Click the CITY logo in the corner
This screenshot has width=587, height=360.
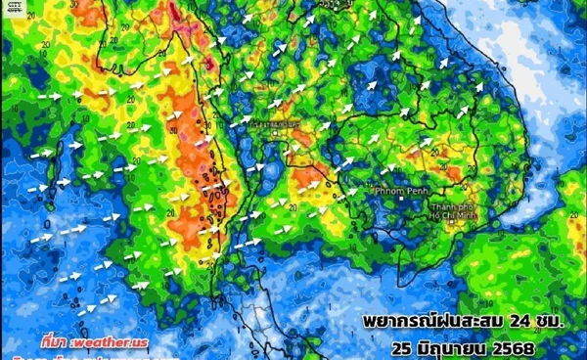(x=15, y=8)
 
